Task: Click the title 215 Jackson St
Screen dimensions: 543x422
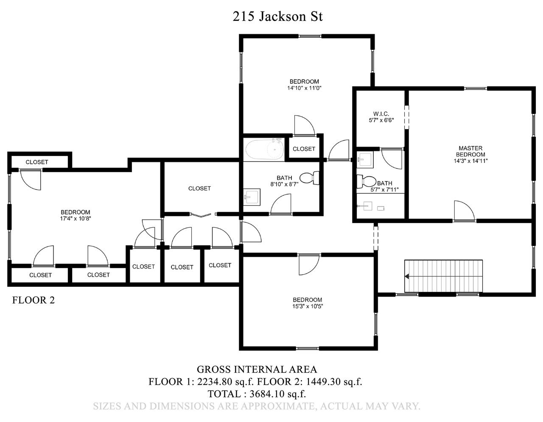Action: [277, 17]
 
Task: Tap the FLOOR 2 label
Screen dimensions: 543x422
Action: [34, 300]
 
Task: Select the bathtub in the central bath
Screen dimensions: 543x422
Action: [265, 150]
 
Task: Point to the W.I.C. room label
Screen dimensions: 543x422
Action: [381, 114]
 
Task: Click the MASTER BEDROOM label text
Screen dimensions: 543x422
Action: [470, 151]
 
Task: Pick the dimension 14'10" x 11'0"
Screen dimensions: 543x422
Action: [304, 88]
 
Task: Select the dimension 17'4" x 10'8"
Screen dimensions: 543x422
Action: [75, 218]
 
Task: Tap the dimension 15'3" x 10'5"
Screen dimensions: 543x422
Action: [308, 306]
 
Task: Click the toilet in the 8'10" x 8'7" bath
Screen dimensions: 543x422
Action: [309, 178]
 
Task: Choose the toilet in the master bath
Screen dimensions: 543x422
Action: [366, 181]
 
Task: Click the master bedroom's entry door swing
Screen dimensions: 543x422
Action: [464, 211]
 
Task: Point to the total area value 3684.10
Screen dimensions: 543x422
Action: [267, 394]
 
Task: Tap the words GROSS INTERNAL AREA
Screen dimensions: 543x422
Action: [257, 369]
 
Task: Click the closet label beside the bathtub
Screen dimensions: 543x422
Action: [304, 149]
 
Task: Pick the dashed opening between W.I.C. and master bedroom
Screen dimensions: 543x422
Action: [407, 117]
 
